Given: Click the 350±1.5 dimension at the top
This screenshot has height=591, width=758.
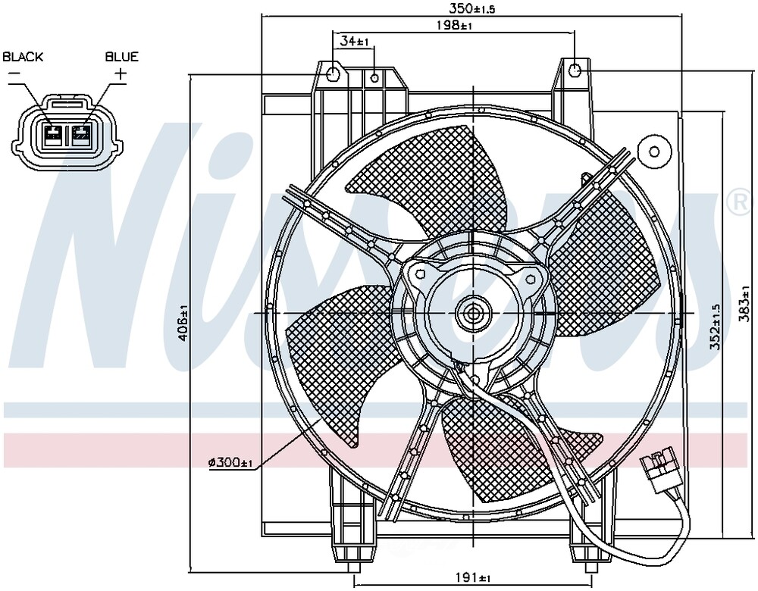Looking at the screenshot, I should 472,8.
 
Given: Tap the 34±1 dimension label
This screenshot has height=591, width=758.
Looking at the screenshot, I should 354,40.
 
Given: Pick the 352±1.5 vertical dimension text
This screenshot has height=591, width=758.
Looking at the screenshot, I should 715,326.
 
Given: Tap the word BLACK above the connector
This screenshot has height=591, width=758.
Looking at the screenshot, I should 23,57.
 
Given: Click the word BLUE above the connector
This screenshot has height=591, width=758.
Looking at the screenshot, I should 121,57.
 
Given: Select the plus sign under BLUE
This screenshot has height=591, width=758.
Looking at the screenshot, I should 120,73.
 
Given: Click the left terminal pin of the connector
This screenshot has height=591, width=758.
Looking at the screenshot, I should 53,136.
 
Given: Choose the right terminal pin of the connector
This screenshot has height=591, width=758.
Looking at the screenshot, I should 81,136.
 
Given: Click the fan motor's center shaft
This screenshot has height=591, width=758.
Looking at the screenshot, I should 475,312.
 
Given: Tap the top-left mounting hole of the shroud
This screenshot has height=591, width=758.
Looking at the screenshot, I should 333,73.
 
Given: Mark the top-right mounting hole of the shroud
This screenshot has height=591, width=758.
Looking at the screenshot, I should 575,71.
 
